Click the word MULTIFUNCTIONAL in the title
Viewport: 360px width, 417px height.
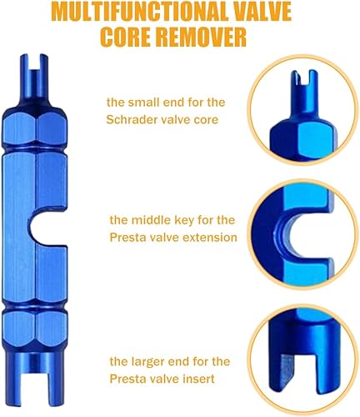pos(140,13)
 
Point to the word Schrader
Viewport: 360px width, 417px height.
pos(128,119)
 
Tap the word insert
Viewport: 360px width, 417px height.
pos(199,379)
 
